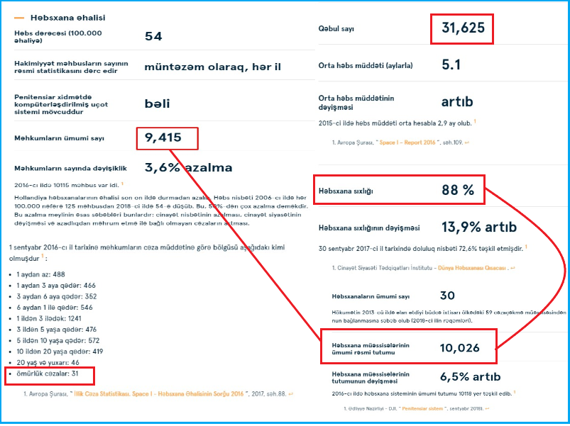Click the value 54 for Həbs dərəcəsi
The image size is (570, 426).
pos(153,37)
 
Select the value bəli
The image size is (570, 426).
pos(157,103)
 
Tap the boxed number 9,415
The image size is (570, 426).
pos(163,138)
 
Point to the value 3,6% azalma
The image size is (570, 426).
pos(188,168)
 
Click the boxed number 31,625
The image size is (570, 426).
pos(461,30)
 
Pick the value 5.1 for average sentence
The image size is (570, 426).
pos(451,65)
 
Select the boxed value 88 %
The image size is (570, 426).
pos(457,191)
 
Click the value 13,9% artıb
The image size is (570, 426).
pos(478,228)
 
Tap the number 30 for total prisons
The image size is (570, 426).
pos(447,296)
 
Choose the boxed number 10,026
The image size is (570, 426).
pos(460,347)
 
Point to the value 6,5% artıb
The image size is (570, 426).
pos(470,376)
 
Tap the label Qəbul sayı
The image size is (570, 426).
pos(336,29)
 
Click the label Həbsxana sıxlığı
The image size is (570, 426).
pos(345,191)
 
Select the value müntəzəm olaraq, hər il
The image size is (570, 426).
pos(212,67)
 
